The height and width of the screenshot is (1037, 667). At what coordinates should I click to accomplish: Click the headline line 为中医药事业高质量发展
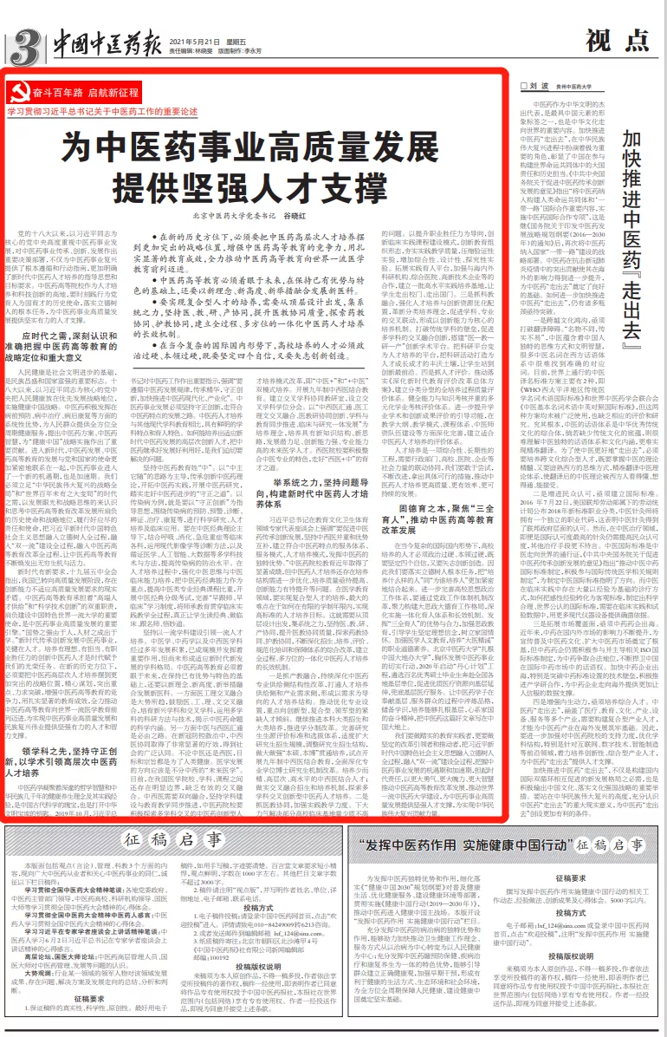click(x=256, y=142)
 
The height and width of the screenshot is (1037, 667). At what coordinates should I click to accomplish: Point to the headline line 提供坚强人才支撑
click(x=256, y=183)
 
